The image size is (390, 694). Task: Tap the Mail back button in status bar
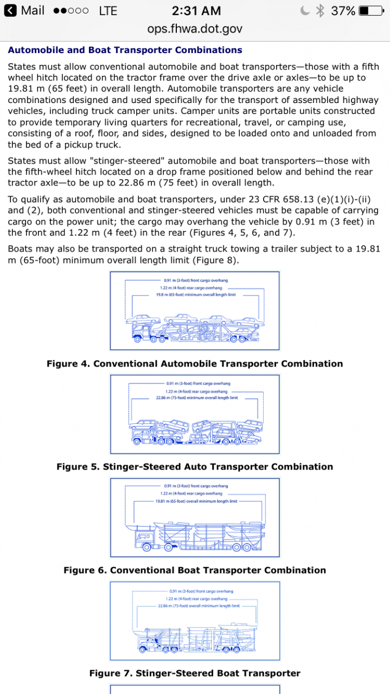pos(24,10)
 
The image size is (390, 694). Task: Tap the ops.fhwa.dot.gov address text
pos(195,29)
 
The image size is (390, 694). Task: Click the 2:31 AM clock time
pos(196,10)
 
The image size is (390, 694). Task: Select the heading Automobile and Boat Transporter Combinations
pos(125,50)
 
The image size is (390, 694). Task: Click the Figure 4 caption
pos(195,364)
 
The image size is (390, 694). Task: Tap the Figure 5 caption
pos(195,467)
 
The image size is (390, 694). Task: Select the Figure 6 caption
pos(195,570)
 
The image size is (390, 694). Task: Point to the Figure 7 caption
pos(195,673)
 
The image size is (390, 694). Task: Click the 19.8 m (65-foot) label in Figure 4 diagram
pos(193,294)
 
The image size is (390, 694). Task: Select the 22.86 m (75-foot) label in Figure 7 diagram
pos(199,605)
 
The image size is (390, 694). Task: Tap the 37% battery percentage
pos(343,10)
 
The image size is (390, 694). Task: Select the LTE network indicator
pos(108,10)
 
